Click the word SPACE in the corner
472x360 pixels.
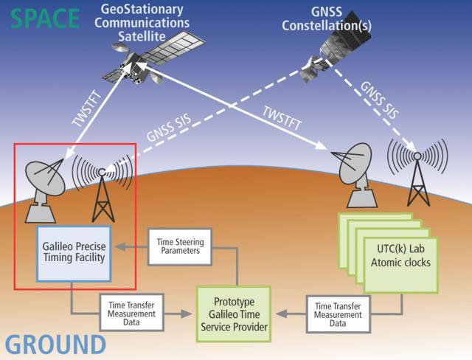(46, 18)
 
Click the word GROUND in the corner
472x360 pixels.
(56, 345)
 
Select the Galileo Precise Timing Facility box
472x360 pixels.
(74, 254)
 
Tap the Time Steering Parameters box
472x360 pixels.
(180, 246)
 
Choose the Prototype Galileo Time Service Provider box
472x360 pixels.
(234, 314)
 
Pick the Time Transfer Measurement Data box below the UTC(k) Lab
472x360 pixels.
(338, 314)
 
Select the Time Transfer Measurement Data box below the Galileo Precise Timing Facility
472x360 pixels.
(131, 313)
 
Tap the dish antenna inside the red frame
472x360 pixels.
(44, 190)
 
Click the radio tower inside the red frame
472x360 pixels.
(103, 193)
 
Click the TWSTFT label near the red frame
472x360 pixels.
(86, 108)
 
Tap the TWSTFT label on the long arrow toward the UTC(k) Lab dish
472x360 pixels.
(282, 118)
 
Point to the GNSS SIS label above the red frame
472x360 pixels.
(169, 128)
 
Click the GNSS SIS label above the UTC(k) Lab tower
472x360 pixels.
(379, 100)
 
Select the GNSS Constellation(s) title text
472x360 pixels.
(327, 18)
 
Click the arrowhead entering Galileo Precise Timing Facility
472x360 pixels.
(120, 246)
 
